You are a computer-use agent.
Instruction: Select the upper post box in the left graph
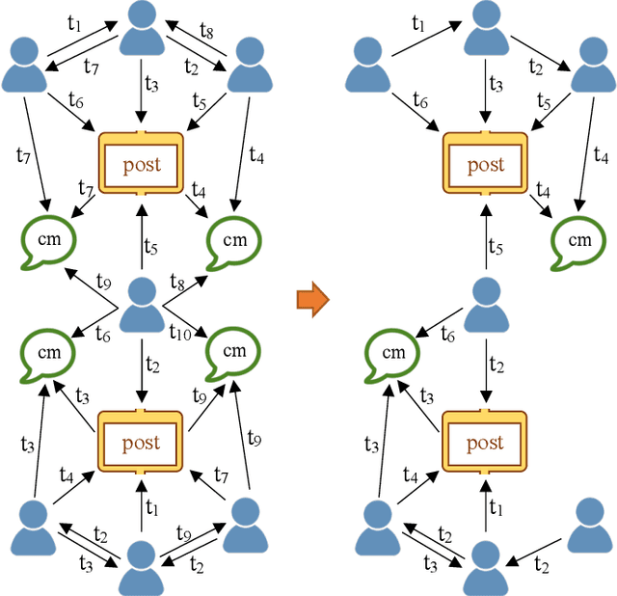[x=142, y=164]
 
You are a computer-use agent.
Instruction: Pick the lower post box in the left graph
[x=142, y=443]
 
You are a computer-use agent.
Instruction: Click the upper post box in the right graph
[x=485, y=164]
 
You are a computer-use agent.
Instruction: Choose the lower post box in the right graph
[x=485, y=443]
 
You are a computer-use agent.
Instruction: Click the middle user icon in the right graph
[x=485, y=304]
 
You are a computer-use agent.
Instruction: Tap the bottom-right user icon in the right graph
[x=589, y=526]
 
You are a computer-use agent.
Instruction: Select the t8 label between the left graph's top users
[x=205, y=31]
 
